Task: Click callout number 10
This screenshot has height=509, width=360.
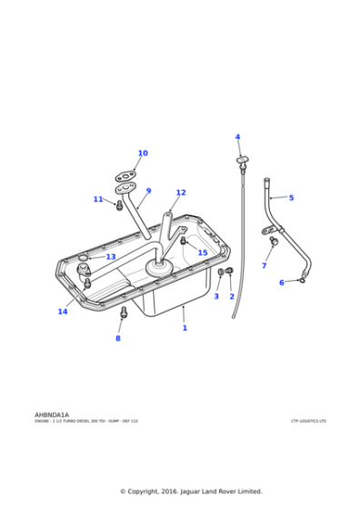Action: (143, 154)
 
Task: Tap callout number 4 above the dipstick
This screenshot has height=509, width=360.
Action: (238, 137)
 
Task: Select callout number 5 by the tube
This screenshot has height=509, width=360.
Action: (291, 197)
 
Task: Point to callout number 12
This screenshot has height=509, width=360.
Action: (181, 193)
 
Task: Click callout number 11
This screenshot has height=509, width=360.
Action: (98, 199)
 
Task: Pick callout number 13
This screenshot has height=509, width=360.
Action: (111, 257)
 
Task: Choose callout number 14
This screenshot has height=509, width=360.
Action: (63, 312)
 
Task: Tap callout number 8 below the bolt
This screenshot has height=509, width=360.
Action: (117, 338)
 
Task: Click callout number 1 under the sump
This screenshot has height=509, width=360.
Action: (185, 327)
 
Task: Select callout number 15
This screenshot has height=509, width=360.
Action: (203, 253)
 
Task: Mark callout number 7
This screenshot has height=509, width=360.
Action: (265, 265)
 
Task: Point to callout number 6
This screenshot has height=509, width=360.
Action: (282, 283)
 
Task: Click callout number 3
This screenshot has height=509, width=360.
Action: (216, 296)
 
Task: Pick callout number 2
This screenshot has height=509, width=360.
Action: (232, 296)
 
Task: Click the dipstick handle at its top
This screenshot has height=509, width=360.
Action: (242, 161)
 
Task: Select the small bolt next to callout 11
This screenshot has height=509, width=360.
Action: (118, 205)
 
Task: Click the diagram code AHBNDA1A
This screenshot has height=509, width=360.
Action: (52, 414)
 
